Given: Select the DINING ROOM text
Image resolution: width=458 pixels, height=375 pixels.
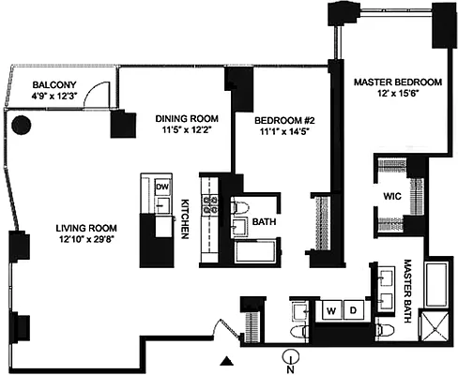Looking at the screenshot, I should (186, 118).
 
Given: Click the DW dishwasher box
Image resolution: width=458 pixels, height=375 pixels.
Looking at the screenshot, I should (162, 186).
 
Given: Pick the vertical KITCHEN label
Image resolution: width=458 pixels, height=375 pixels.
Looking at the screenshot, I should (186, 219).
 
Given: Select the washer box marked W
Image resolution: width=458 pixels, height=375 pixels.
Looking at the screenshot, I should (330, 308).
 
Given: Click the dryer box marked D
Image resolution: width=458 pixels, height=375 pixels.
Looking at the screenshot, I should (354, 308).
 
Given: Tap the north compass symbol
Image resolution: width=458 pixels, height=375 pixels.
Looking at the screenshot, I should (293, 356).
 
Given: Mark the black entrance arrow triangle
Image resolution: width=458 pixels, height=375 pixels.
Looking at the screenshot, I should (225, 360).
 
